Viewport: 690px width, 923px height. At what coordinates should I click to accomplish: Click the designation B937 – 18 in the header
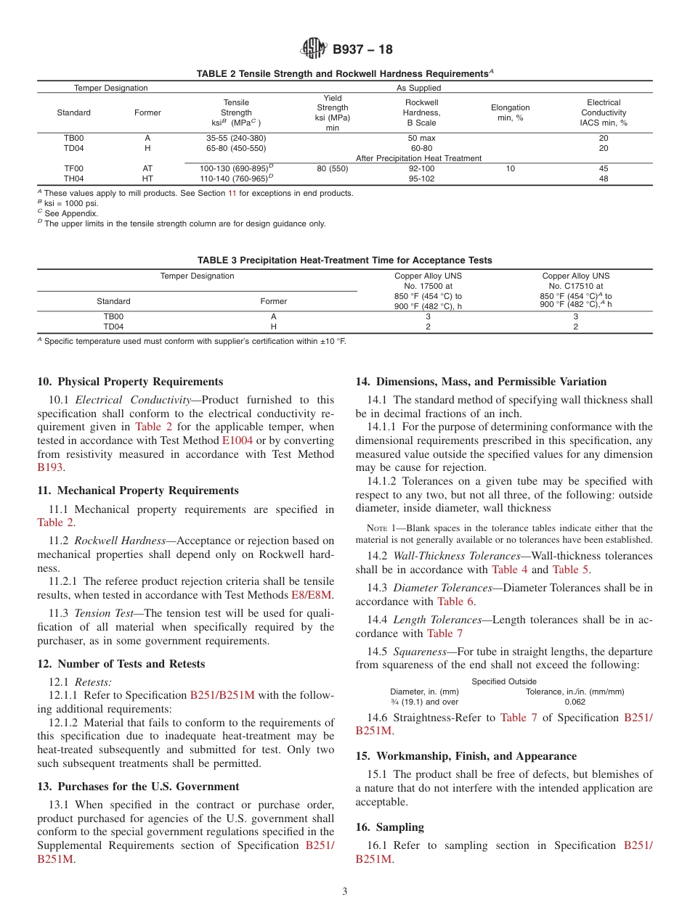[x=362, y=49]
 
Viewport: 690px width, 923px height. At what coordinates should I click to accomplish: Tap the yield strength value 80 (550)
[x=333, y=168]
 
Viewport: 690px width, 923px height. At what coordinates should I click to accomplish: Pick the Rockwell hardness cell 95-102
[x=421, y=179]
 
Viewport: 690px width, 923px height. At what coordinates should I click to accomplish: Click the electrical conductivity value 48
[x=603, y=179]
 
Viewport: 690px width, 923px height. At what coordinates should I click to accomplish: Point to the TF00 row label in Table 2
[x=73, y=168]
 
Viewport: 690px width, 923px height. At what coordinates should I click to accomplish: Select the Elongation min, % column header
[x=510, y=112]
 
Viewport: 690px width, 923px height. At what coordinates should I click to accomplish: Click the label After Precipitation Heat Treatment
[x=418, y=158]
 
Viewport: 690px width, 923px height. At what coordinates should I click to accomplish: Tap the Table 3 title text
[x=344, y=261]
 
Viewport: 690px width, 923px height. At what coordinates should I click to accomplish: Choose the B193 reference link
[x=50, y=468]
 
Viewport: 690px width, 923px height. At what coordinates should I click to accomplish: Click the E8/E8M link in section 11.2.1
[x=311, y=595]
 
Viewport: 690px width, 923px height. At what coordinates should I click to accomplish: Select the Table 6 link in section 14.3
[x=455, y=601]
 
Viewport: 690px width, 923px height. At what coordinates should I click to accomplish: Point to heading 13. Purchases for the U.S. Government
[x=138, y=787]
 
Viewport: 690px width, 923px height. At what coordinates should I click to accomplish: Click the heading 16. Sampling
[x=389, y=827]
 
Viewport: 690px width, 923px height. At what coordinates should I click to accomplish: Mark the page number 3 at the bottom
[x=344, y=892]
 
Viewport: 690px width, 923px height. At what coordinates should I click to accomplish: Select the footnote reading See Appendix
[x=70, y=213]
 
